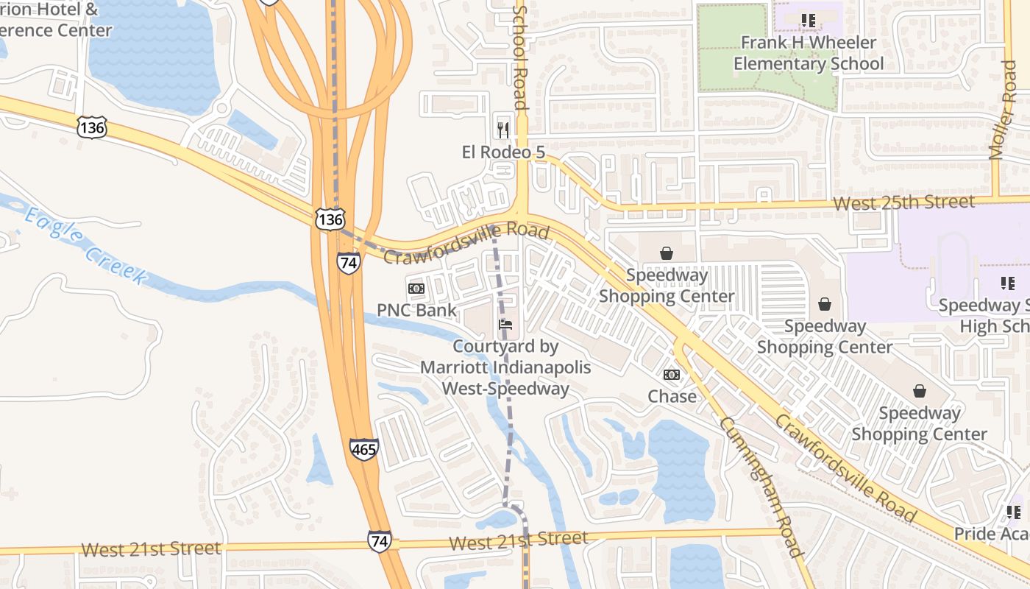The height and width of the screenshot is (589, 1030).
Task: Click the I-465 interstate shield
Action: [364, 448]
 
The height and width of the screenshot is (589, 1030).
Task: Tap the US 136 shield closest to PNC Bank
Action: [330, 219]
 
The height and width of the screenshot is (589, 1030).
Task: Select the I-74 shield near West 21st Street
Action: [379, 540]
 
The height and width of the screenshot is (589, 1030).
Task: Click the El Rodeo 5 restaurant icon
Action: [503, 130]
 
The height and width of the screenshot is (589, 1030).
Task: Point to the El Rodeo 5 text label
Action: [503, 152]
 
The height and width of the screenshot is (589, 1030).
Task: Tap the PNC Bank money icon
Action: [416, 289]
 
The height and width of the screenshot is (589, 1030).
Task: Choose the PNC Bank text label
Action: [416, 310]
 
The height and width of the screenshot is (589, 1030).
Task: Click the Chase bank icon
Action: [672, 375]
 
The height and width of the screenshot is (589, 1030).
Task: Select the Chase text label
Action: [672, 396]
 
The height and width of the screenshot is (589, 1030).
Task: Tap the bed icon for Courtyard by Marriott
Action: [505, 324]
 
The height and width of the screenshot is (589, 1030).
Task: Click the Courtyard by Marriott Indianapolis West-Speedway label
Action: [505, 367]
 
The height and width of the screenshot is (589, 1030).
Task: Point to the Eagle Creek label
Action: [85, 245]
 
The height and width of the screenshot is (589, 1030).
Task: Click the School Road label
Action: [520, 57]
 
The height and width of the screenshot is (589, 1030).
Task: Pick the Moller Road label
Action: [1003, 110]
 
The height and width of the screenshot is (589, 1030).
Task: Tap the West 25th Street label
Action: [904, 202]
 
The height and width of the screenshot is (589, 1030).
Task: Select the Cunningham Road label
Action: [761, 487]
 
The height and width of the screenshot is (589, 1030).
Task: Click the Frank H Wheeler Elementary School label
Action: [808, 53]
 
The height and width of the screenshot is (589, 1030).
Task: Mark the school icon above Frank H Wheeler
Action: [809, 21]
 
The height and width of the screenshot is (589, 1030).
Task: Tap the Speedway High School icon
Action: [1007, 283]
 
